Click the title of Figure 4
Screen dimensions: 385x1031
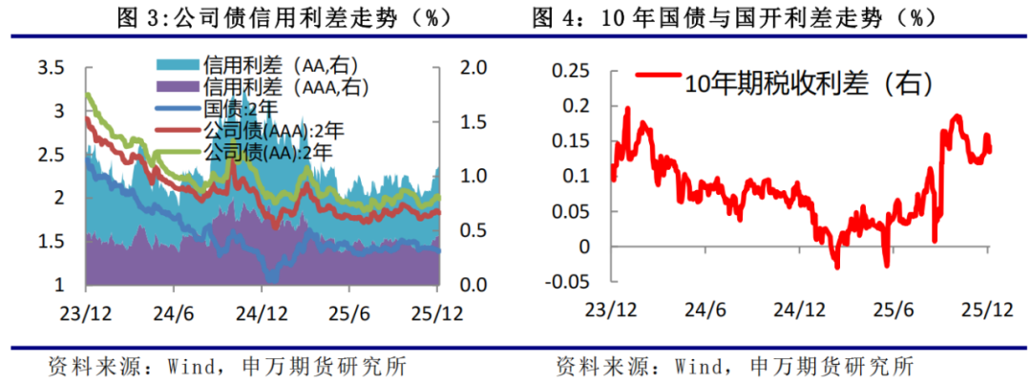pyautogui.click(x=759, y=18)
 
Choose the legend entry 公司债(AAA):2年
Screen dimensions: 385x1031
pyautogui.click(x=265, y=130)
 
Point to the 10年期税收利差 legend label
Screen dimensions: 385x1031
pyautogui.click(x=808, y=83)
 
